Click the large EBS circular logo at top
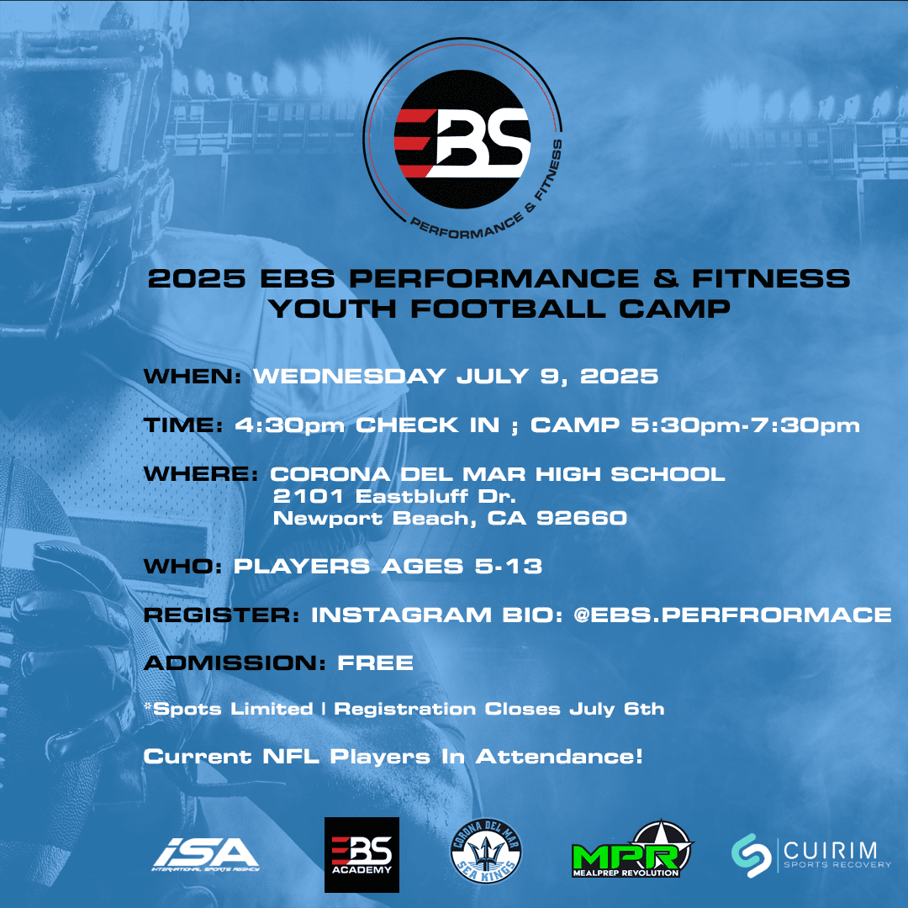click(x=462, y=139)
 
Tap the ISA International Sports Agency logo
click(x=206, y=855)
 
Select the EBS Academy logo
click(x=362, y=855)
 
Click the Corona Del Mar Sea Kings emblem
click(x=486, y=851)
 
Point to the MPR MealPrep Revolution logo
click(x=632, y=850)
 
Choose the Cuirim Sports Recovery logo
click(x=811, y=855)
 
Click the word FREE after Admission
click(x=375, y=663)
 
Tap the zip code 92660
click(x=582, y=518)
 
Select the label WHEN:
click(x=193, y=377)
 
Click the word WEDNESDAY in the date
click(x=350, y=377)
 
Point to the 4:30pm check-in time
click(x=289, y=425)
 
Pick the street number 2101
click(x=308, y=496)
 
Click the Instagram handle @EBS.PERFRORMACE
click(x=732, y=615)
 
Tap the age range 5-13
click(x=509, y=566)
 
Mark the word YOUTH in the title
click(x=332, y=309)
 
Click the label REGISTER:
click(x=222, y=615)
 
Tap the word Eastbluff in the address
click(x=412, y=496)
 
